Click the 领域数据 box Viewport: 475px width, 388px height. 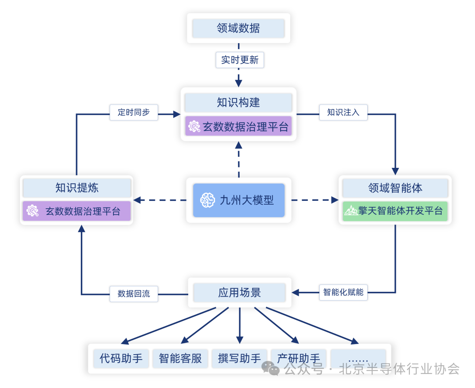(238, 29)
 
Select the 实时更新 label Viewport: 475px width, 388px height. (240, 60)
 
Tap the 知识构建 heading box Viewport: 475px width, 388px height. (238, 102)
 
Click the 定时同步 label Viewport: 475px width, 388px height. (134, 112)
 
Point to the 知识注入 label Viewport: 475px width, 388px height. (343, 112)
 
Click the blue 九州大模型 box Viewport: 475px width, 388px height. (239, 200)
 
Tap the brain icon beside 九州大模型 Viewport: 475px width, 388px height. (207, 200)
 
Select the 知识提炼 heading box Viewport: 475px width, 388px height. (77, 188)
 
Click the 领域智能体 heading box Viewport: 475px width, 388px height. (395, 188)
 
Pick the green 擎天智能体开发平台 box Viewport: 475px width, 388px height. (395, 211)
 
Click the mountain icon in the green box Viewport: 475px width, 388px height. (351, 211)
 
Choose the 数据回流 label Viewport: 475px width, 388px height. (134, 294)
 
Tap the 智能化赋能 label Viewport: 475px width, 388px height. (343, 292)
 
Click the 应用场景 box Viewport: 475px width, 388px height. (239, 292)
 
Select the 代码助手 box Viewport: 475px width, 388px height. (121, 359)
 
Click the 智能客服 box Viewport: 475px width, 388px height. (180, 359)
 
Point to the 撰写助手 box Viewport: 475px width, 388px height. (239, 359)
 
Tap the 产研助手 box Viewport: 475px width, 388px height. (299, 358)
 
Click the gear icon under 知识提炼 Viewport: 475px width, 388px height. (33, 211)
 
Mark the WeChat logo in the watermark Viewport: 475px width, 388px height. (270, 368)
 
